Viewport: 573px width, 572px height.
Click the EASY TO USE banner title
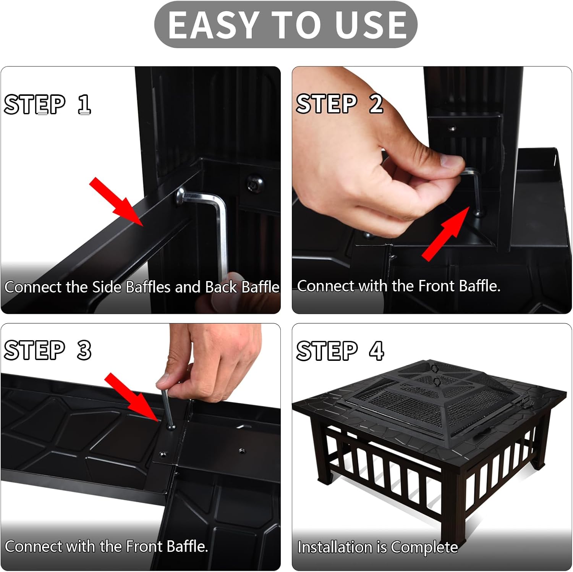286,25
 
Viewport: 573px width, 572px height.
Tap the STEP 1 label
47,104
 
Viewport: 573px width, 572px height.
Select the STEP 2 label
339,103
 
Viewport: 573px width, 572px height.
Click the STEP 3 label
47,350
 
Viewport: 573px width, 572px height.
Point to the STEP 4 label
340,351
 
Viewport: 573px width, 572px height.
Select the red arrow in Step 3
132,397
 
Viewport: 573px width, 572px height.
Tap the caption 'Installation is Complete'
377,547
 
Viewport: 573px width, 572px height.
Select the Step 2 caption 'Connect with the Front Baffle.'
398,286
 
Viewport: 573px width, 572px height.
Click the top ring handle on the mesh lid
435,369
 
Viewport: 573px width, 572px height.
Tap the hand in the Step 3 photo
206,359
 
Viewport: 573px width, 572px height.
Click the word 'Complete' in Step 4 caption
424,547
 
